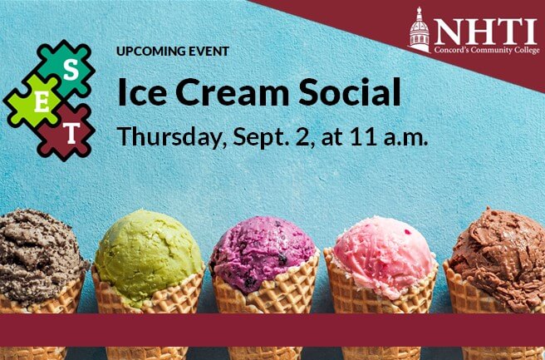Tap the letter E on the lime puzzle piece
click(42, 102)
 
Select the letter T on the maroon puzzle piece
click(71, 133)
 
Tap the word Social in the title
click(349, 91)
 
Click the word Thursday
click(169, 136)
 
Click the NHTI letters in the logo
click(485, 32)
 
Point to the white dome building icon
click(420, 30)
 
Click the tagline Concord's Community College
click(487, 50)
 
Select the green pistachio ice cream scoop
click(148, 255)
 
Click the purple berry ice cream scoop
click(263, 254)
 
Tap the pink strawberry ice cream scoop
click(384, 255)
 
